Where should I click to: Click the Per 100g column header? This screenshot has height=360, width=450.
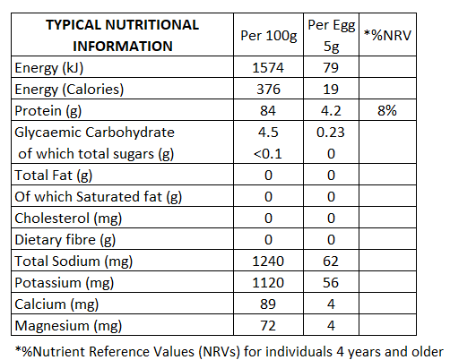point(269,36)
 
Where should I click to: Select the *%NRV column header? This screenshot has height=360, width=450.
point(387,35)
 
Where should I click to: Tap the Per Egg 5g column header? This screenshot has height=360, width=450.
point(332,36)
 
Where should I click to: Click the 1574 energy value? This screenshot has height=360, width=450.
point(268,68)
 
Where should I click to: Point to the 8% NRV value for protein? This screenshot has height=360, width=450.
point(387,110)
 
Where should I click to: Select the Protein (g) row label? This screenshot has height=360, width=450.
point(48,111)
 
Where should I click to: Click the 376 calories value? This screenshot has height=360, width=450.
point(268,90)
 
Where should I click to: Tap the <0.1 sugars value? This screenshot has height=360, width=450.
point(268,154)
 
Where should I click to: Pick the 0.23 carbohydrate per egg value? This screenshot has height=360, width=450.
point(331,133)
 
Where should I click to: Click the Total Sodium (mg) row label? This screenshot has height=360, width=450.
point(74,261)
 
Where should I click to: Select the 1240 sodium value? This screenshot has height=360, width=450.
point(268,261)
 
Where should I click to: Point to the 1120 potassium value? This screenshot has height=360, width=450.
point(268,283)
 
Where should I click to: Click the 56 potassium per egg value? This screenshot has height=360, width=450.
point(331,283)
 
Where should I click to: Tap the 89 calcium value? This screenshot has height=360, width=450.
point(268,304)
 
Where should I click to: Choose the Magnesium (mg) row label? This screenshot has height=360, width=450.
point(68,326)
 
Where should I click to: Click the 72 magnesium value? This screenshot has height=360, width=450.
point(268,326)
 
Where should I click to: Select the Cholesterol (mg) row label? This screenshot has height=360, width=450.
point(68,219)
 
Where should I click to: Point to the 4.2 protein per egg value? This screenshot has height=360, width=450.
point(331,111)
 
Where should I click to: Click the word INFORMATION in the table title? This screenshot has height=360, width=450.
point(123,47)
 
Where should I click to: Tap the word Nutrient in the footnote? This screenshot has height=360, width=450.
point(59,352)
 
